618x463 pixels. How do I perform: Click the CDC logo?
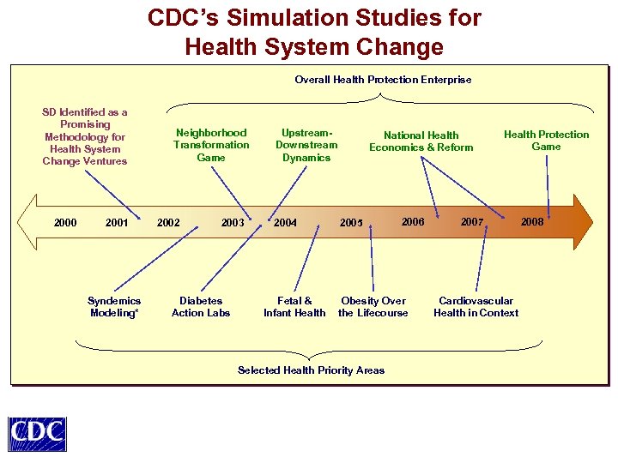coord(37,433)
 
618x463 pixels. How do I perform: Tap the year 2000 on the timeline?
coord(65,223)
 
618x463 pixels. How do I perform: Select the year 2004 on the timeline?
coord(285,223)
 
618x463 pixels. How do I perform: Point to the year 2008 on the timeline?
coord(532,222)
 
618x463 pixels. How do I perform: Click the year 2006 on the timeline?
coord(413,222)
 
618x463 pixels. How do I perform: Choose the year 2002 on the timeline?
coord(168,223)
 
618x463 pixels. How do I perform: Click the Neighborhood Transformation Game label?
coord(211,145)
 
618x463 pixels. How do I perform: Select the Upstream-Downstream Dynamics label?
coord(306,145)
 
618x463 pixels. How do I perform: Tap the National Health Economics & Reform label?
coord(421,141)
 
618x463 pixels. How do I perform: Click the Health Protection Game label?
coord(546,140)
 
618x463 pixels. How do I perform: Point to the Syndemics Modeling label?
coord(114,307)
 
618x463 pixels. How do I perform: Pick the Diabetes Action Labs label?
coord(201,307)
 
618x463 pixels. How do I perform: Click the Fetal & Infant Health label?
coord(294,307)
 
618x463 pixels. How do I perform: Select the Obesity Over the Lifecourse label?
coord(373,307)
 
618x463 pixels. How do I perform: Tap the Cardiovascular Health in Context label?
coord(476,307)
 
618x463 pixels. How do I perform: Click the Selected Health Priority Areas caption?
coord(311,370)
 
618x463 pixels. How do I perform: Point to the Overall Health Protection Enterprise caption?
coord(383,80)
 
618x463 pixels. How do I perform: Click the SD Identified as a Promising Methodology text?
coord(85,136)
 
